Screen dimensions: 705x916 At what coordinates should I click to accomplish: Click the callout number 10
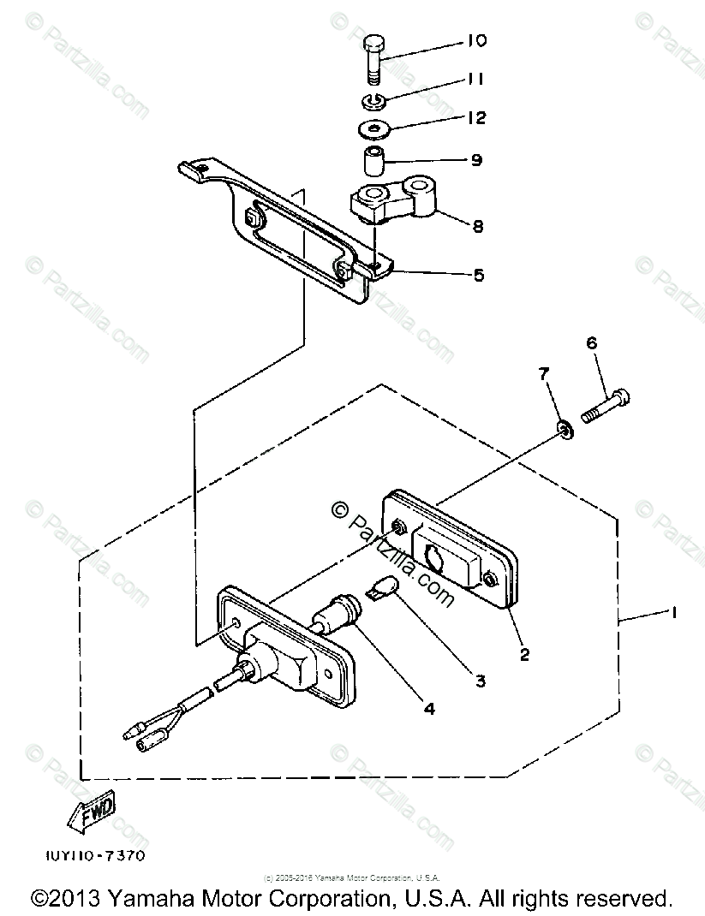coord(477,41)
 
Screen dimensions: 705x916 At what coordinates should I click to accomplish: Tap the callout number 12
coord(477,117)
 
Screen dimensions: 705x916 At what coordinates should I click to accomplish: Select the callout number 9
coord(476,159)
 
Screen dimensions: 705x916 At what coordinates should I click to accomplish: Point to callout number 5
coord(478,275)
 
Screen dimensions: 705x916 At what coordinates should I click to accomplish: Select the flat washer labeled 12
coord(374,130)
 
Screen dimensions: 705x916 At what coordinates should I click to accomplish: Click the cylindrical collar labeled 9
coord(374,160)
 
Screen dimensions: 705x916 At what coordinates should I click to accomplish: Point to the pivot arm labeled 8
coord(394,201)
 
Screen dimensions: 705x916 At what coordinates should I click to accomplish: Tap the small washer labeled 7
coord(565,426)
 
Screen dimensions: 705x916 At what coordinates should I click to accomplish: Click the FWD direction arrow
coord(93,814)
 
